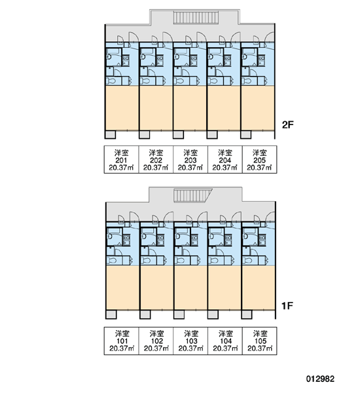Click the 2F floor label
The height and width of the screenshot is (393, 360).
[287, 124]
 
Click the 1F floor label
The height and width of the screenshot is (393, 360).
[287, 305]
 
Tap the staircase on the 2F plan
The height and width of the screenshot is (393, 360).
[196, 18]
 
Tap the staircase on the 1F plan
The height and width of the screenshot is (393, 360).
[193, 195]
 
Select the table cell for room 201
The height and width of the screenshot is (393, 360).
[121, 159]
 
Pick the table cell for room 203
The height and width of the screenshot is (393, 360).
[190, 159]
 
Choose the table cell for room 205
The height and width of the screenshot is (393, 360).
[260, 159]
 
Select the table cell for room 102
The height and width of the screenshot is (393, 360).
[156, 341]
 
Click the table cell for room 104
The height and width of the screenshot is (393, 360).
[225, 341]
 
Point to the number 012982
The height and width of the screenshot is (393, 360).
[320, 379]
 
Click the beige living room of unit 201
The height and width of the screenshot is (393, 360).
[122, 108]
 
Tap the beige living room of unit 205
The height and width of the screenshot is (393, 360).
[258, 108]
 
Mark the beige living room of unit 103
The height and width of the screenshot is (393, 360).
[190, 288]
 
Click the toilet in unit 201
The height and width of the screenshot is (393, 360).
[111, 81]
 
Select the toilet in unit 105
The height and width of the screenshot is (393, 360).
[247, 261]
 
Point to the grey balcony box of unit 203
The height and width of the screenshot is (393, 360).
[179, 134]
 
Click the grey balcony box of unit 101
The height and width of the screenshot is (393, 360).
[111, 314]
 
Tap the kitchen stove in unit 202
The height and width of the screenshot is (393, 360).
[160, 61]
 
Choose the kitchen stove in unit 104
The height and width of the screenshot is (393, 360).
[228, 240]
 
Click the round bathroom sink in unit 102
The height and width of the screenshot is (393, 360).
[144, 236]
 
